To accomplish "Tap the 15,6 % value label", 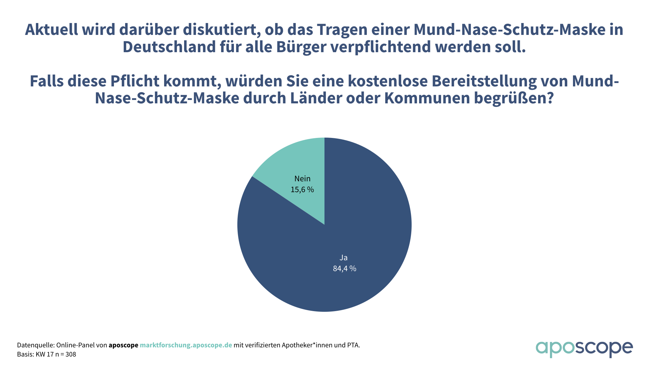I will click(302, 189).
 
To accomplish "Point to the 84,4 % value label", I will click(344, 268).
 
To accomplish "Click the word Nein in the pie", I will click(302, 179).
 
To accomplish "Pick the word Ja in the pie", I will click(343, 258).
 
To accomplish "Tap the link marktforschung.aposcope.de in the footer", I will click(186, 345).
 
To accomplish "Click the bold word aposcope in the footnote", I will click(123, 345).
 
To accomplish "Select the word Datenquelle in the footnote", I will click(36, 345).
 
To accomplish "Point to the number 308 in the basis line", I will click(71, 354).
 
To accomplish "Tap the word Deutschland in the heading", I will click(169, 47).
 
